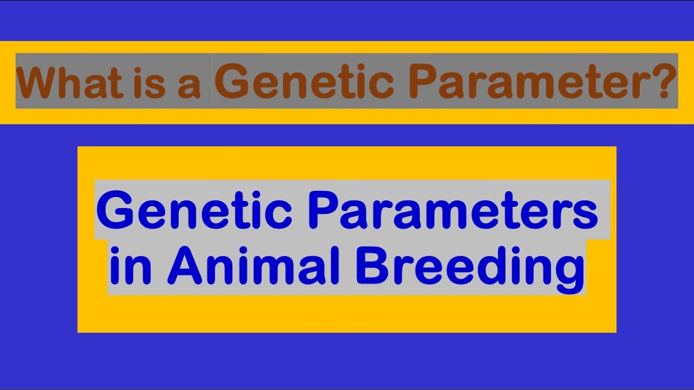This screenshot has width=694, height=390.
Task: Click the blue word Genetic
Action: (194, 212)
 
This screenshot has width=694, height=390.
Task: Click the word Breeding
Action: (469, 269)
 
